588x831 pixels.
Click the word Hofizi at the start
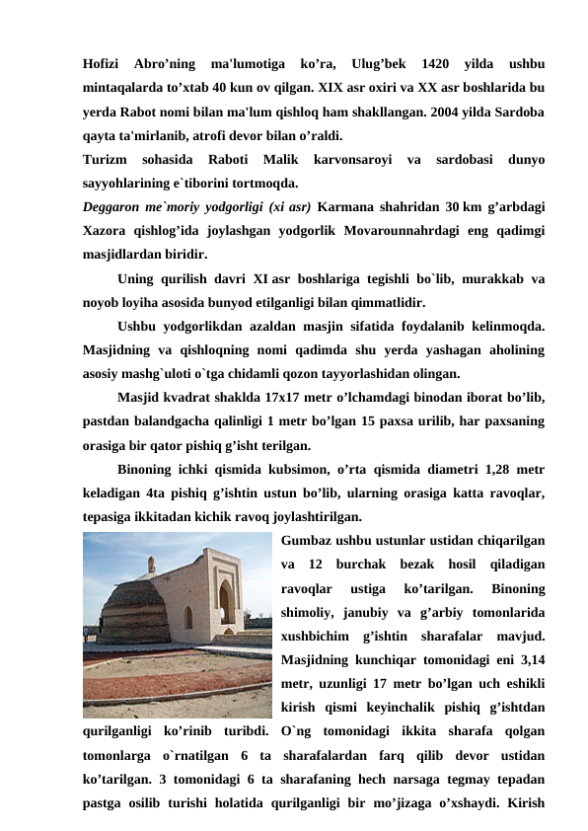point(102,49)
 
